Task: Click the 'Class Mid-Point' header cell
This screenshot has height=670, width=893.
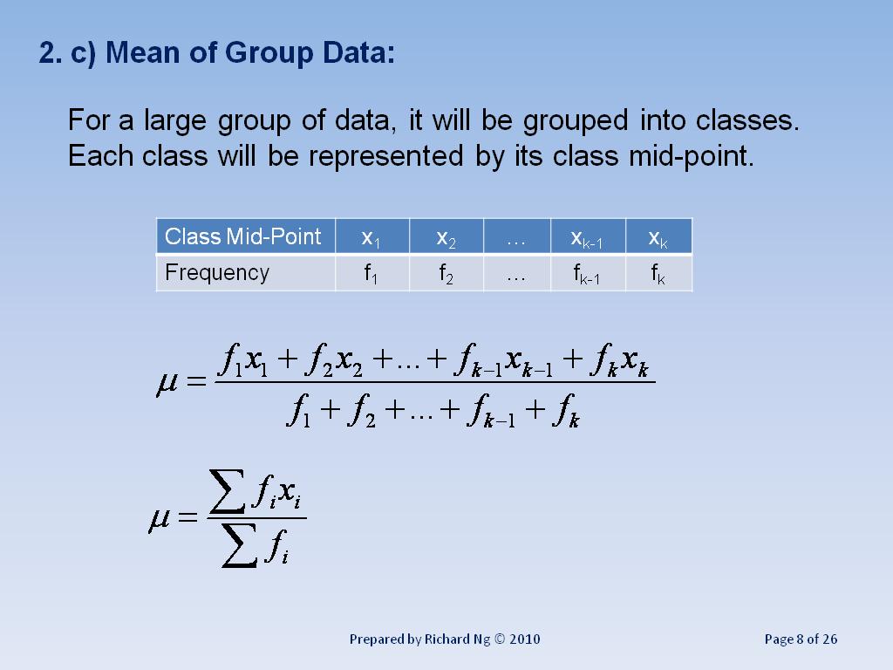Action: click(x=243, y=236)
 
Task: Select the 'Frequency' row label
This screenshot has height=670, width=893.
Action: click(x=217, y=273)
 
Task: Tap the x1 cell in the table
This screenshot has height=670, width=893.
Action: click(x=372, y=237)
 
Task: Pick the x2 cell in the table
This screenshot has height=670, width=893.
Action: click(x=445, y=237)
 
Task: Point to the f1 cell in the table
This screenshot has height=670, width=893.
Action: click(x=372, y=274)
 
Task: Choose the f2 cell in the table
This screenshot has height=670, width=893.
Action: click(x=445, y=274)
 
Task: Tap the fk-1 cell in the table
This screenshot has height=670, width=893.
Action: click(x=587, y=275)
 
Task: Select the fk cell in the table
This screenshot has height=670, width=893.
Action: click(x=658, y=275)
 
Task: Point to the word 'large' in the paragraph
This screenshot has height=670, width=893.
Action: click(x=172, y=120)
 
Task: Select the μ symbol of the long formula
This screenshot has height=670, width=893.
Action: click(x=167, y=384)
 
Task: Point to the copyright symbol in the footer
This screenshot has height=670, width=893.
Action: click(x=500, y=639)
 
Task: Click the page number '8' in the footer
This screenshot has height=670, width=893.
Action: click(x=801, y=639)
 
